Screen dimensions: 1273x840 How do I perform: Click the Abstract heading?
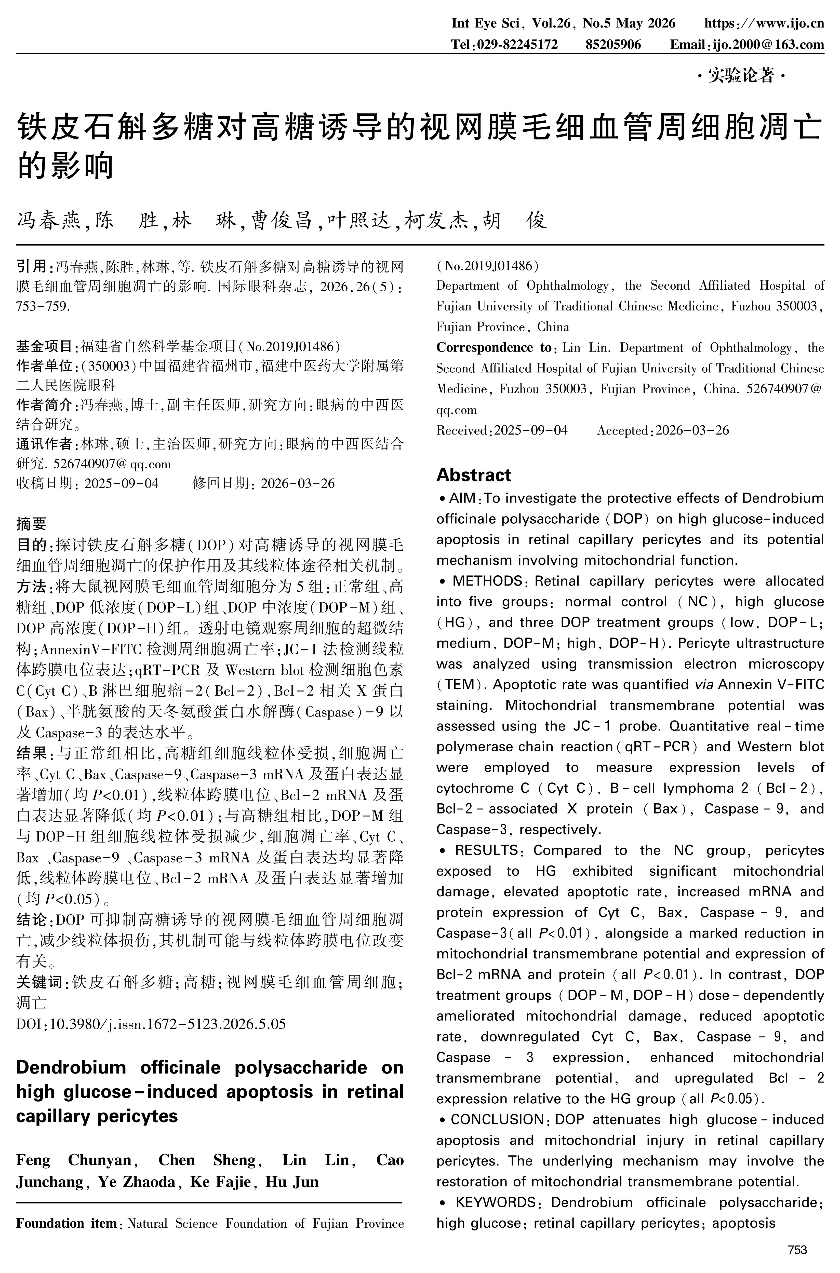474,475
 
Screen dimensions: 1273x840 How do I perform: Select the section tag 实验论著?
741,76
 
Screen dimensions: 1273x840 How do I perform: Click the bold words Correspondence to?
494,348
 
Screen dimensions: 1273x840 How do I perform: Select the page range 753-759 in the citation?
43,306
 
